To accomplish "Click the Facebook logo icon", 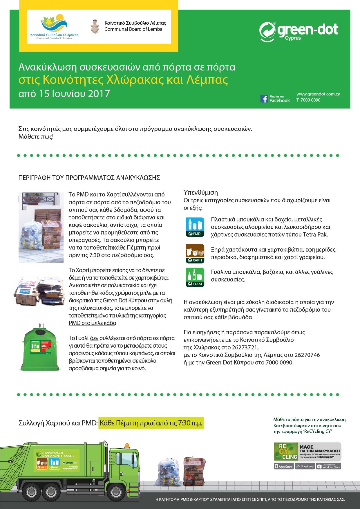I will pyautogui.click(x=264, y=99).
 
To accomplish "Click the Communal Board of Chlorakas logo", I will pyautogui.click(x=54, y=27).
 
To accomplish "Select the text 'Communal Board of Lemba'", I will pyautogui.click(x=133, y=29).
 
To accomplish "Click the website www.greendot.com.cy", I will pyautogui.click(x=318, y=94).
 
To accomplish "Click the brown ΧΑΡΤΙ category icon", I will pyautogui.click(x=195, y=253).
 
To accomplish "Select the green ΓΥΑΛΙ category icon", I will pyautogui.click(x=195, y=277).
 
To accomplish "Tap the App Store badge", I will pyautogui.click(x=284, y=466).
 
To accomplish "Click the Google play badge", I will pyautogui.click(x=305, y=466).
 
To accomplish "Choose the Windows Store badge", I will pyautogui.click(x=328, y=466).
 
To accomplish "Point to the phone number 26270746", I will pyautogui.click(x=307, y=355).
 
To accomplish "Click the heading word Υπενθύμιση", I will pyautogui.click(x=201, y=192).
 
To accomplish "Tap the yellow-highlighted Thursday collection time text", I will pyautogui.click(x=151, y=423).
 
